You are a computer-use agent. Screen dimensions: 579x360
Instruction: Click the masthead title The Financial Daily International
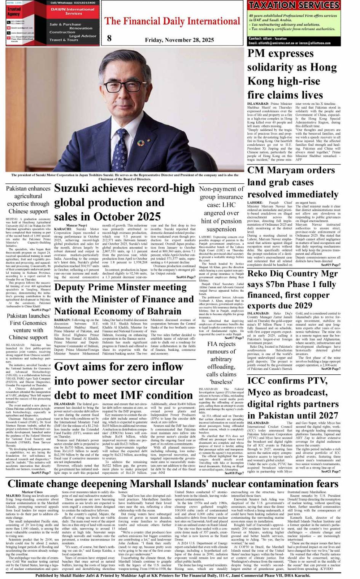(x=172, y=21)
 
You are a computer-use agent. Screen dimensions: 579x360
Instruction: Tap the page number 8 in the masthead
(x=110, y=38)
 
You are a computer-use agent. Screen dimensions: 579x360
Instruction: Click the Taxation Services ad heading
(x=293, y=5)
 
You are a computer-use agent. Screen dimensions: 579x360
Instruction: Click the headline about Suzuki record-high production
(x=124, y=202)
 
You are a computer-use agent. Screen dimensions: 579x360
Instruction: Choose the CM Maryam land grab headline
(x=291, y=182)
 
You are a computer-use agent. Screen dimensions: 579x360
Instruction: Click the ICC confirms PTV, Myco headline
(x=292, y=398)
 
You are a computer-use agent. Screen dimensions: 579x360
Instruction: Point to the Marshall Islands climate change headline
(x=173, y=484)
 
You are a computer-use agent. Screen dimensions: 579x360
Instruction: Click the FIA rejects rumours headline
(x=221, y=362)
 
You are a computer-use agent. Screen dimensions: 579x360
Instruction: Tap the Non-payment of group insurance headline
(x=221, y=209)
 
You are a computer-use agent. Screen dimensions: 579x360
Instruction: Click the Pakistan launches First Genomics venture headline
(x=28, y=327)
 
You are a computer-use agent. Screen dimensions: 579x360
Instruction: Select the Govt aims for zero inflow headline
(x=124, y=381)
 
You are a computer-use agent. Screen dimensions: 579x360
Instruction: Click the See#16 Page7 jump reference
(x=186, y=277)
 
